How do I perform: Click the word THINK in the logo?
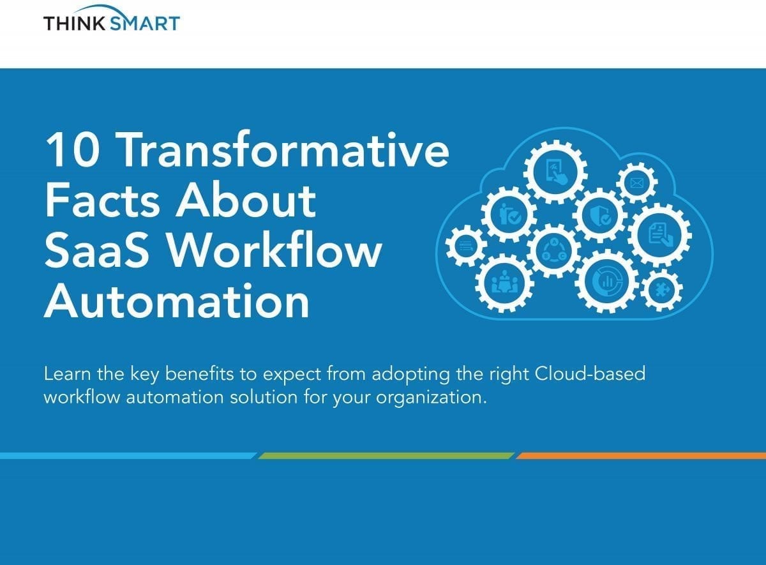click(75, 23)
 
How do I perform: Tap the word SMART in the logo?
click(146, 23)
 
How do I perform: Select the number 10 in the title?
click(73, 149)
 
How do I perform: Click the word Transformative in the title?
click(285, 149)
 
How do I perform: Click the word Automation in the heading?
click(177, 301)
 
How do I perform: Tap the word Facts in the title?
click(102, 199)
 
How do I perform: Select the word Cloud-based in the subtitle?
click(590, 373)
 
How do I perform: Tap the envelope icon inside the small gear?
click(636, 183)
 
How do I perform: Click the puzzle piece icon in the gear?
click(661, 290)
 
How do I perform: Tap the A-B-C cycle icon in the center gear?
click(554, 250)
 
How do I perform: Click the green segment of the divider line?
click(386, 456)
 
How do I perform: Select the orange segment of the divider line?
click(641, 456)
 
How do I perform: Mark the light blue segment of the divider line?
click(128, 456)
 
